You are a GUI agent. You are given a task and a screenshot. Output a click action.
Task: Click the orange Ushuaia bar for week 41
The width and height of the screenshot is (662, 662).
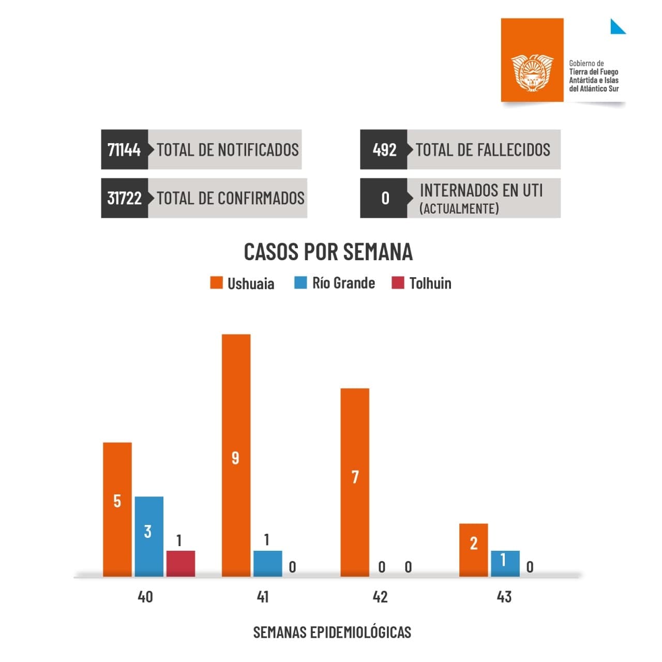236,455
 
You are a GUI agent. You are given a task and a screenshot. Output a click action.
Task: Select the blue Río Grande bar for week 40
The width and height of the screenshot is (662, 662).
149,536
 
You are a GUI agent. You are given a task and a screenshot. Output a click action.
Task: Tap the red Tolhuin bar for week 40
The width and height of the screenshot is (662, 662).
180,563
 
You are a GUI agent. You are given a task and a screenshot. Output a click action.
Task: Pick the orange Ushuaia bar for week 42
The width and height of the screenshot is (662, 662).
355,482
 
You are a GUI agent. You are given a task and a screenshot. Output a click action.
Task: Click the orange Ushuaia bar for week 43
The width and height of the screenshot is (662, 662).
473,550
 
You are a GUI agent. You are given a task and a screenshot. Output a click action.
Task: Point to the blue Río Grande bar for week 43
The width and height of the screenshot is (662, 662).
505,563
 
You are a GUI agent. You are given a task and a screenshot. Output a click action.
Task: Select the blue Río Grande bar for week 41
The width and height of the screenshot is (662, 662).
267,563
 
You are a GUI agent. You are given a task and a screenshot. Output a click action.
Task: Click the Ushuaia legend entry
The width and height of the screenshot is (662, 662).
242,283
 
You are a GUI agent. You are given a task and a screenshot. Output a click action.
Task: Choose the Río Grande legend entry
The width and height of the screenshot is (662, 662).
335,283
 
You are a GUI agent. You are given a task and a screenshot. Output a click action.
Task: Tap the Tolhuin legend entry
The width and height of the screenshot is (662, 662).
422,283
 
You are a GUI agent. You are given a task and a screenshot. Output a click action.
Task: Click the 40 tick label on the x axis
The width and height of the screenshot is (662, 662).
145,597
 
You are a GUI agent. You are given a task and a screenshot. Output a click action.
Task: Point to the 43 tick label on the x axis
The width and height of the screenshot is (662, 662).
504,597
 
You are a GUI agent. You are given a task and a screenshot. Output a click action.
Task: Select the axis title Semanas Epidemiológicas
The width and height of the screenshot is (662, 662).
332,632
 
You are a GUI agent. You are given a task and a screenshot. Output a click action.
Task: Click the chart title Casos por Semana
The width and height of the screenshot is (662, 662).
328,252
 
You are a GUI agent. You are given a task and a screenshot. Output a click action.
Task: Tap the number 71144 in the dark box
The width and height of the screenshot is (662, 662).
124,149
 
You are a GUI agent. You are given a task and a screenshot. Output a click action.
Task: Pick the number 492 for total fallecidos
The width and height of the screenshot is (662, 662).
384,149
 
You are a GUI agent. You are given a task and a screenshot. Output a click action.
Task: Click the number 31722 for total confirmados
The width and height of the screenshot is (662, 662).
124,198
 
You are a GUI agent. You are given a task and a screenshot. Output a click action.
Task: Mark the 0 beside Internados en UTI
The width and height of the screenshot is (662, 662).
385,198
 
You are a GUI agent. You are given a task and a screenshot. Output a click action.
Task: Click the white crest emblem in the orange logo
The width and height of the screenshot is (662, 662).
532,72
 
